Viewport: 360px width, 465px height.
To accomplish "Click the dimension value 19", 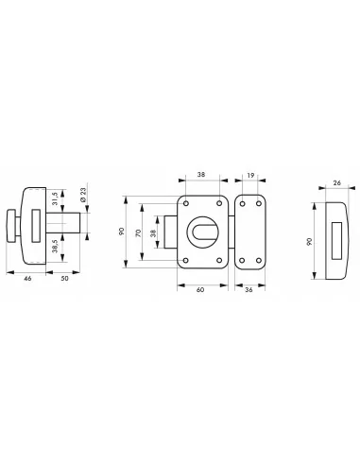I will pos(248,175).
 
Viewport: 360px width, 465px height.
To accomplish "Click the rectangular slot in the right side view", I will pos(338,232).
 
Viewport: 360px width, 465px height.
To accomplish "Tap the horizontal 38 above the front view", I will pos(201,175).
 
